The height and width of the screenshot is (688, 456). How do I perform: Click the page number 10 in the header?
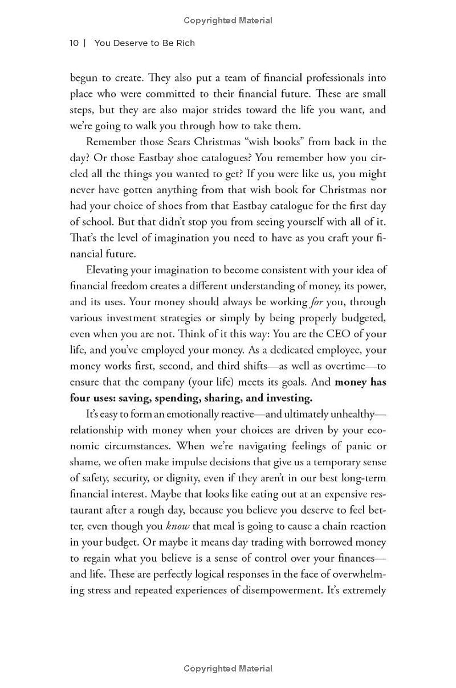(x=74, y=43)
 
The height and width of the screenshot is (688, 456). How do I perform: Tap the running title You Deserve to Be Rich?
(x=144, y=43)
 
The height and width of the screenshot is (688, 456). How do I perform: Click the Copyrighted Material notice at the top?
(x=228, y=21)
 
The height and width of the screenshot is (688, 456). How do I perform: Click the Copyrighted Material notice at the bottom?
(x=228, y=669)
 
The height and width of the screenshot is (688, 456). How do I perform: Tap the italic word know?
(x=177, y=526)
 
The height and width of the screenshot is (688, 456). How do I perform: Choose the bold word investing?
(x=287, y=398)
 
